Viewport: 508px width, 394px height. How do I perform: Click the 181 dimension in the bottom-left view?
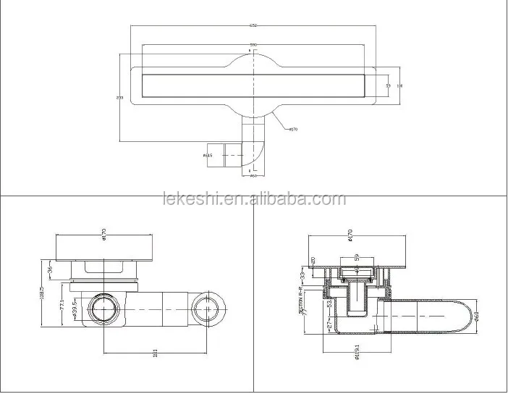coord(155,353)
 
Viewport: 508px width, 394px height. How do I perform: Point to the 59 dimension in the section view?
coord(357,256)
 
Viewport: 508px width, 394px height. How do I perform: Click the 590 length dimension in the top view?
coord(253,44)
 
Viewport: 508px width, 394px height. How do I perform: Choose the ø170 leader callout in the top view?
coord(293,130)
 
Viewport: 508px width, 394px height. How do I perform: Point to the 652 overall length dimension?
coord(253,25)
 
